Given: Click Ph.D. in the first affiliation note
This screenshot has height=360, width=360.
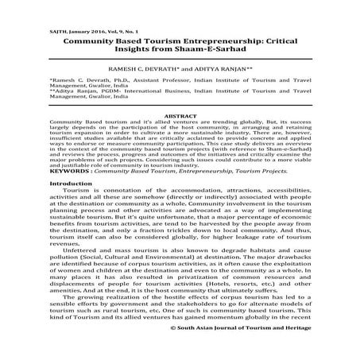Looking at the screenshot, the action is (x=119, y=82).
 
